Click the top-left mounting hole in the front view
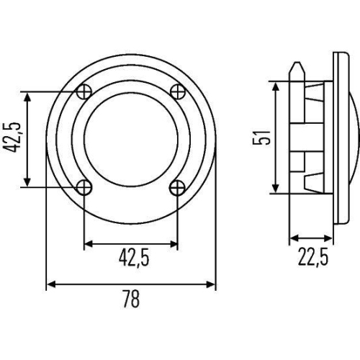click(x=84, y=91)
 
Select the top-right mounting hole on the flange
click(x=177, y=91)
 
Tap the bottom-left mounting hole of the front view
click(x=84, y=187)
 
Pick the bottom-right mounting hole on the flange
click(x=177, y=187)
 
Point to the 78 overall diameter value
click(x=131, y=298)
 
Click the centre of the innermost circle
click(x=130, y=138)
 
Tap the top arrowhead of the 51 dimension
click(x=276, y=85)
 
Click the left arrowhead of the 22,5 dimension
click(x=292, y=238)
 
